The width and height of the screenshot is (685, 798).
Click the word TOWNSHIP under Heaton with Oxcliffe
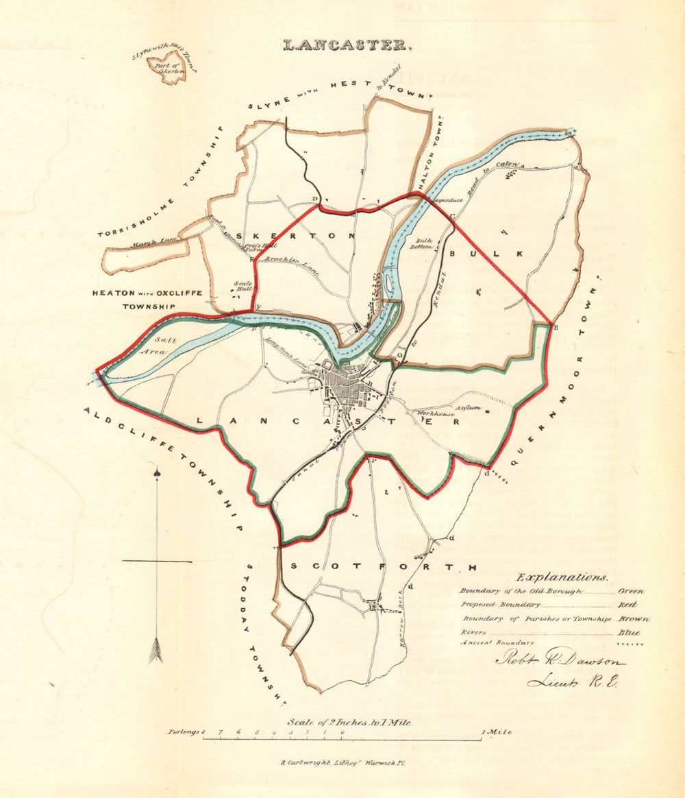[147, 308]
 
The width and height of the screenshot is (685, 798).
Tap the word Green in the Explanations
[630, 590]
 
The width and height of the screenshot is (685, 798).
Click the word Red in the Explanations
[627, 605]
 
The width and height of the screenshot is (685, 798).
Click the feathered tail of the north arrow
[156, 650]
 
